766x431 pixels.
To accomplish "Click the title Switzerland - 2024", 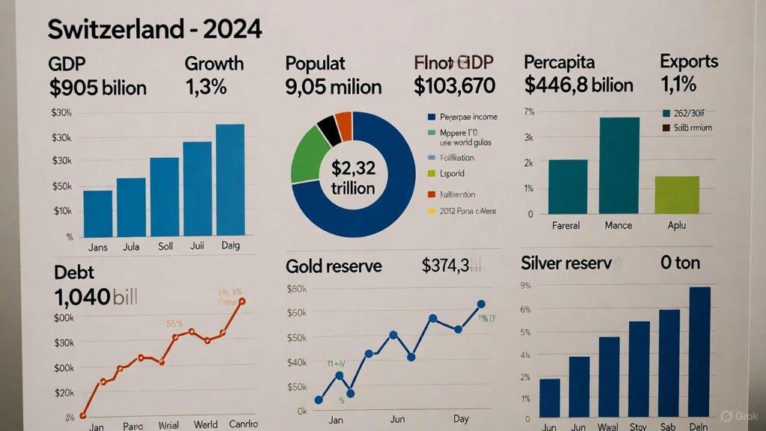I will pos(155,30).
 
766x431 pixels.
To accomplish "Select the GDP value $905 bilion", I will pos(98,88).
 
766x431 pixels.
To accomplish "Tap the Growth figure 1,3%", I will pos(205,88).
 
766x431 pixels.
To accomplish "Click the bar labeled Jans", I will pos(98,214).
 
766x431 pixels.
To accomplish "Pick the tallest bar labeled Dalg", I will pos(230,180).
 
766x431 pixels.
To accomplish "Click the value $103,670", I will pos(454,86).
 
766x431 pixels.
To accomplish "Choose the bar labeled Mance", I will pos(619,165).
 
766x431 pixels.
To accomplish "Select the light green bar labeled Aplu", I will pos(676,195).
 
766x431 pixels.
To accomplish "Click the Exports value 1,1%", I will pos(678,85).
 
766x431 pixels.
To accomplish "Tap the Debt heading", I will pos(74,272).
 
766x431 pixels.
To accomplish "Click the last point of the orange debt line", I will pos(242,301).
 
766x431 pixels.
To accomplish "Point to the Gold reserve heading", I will pos(334,266).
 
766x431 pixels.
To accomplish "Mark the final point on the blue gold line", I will pos(481,304).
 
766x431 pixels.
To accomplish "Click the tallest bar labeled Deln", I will pos(699,351).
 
